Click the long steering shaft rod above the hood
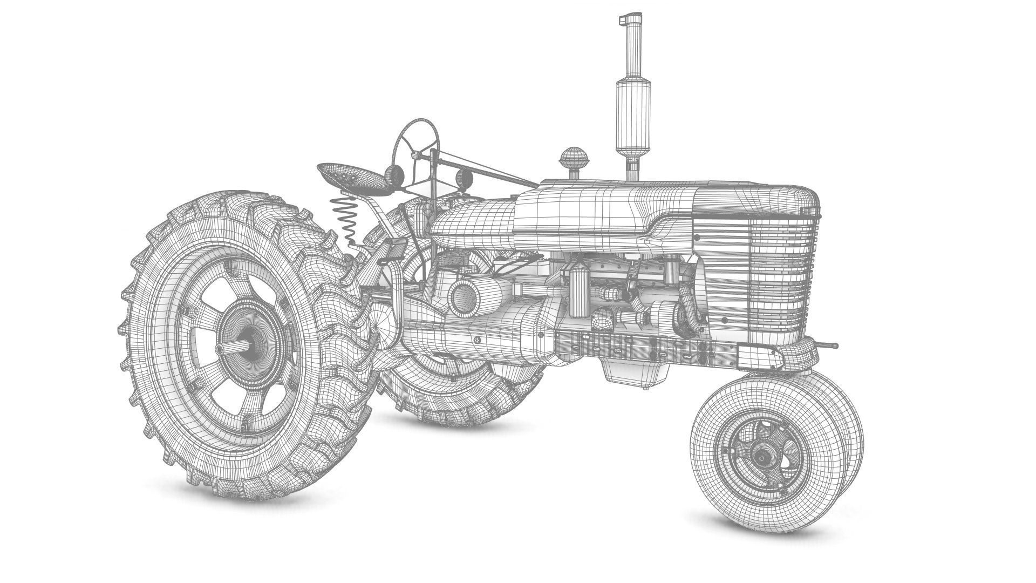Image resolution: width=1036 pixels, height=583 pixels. click(x=486, y=170)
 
